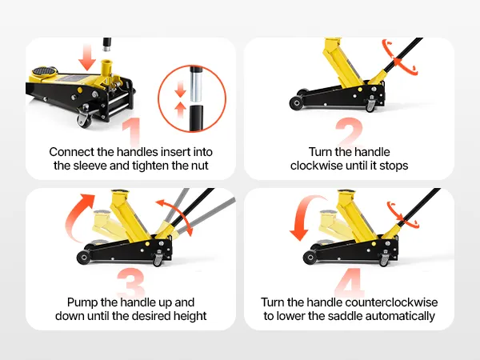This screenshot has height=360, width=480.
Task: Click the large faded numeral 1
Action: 133,132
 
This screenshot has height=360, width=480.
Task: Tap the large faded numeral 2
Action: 350,132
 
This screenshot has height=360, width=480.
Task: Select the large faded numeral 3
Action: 130,282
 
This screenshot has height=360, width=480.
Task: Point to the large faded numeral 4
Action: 349,282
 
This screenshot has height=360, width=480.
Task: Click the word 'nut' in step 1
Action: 200,166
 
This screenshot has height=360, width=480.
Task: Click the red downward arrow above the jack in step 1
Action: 87,58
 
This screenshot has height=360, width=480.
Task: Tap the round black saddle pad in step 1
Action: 45,71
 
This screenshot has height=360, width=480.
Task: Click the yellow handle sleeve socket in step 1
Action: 106,68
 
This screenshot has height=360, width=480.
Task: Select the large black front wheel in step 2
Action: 296,103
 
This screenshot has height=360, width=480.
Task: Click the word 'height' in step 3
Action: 190,317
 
